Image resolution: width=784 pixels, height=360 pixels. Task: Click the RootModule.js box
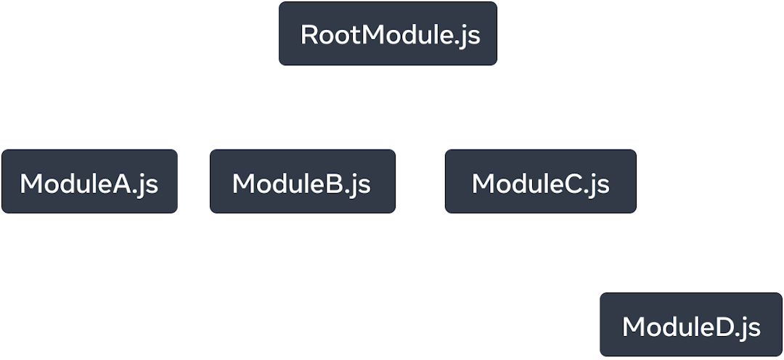(x=388, y=35)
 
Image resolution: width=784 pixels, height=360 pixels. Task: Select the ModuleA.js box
(x=89, y=182)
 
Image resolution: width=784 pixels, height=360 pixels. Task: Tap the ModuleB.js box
(x=303, y=182)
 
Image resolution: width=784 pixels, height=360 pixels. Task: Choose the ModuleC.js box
(x=541, y=182)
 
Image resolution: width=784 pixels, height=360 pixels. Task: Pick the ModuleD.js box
(x=691, y=326)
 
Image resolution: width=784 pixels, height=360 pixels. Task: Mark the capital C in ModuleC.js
(x=573, y=184)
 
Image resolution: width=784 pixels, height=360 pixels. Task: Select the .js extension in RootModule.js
(x=468, y=36)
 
